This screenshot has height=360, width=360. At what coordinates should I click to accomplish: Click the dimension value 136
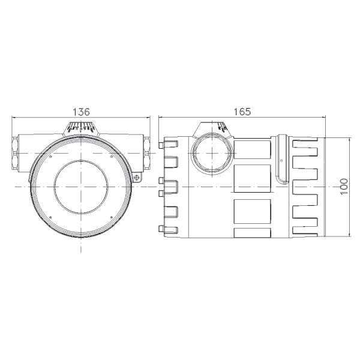(81, 112)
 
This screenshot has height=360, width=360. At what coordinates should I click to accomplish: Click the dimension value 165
(242, 112)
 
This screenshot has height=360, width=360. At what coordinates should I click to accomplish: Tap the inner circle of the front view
(80, 187)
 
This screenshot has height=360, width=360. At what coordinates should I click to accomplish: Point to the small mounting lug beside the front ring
(137, 178)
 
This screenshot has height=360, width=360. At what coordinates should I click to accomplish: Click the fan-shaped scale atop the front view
(80, 128)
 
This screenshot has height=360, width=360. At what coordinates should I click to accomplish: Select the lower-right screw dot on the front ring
(110, 217)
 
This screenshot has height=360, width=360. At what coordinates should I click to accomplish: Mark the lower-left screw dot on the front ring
(52, 217)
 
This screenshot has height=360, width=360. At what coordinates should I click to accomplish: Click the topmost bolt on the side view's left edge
(160, 145)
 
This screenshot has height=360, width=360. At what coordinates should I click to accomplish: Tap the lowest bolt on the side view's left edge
(160, 227)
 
